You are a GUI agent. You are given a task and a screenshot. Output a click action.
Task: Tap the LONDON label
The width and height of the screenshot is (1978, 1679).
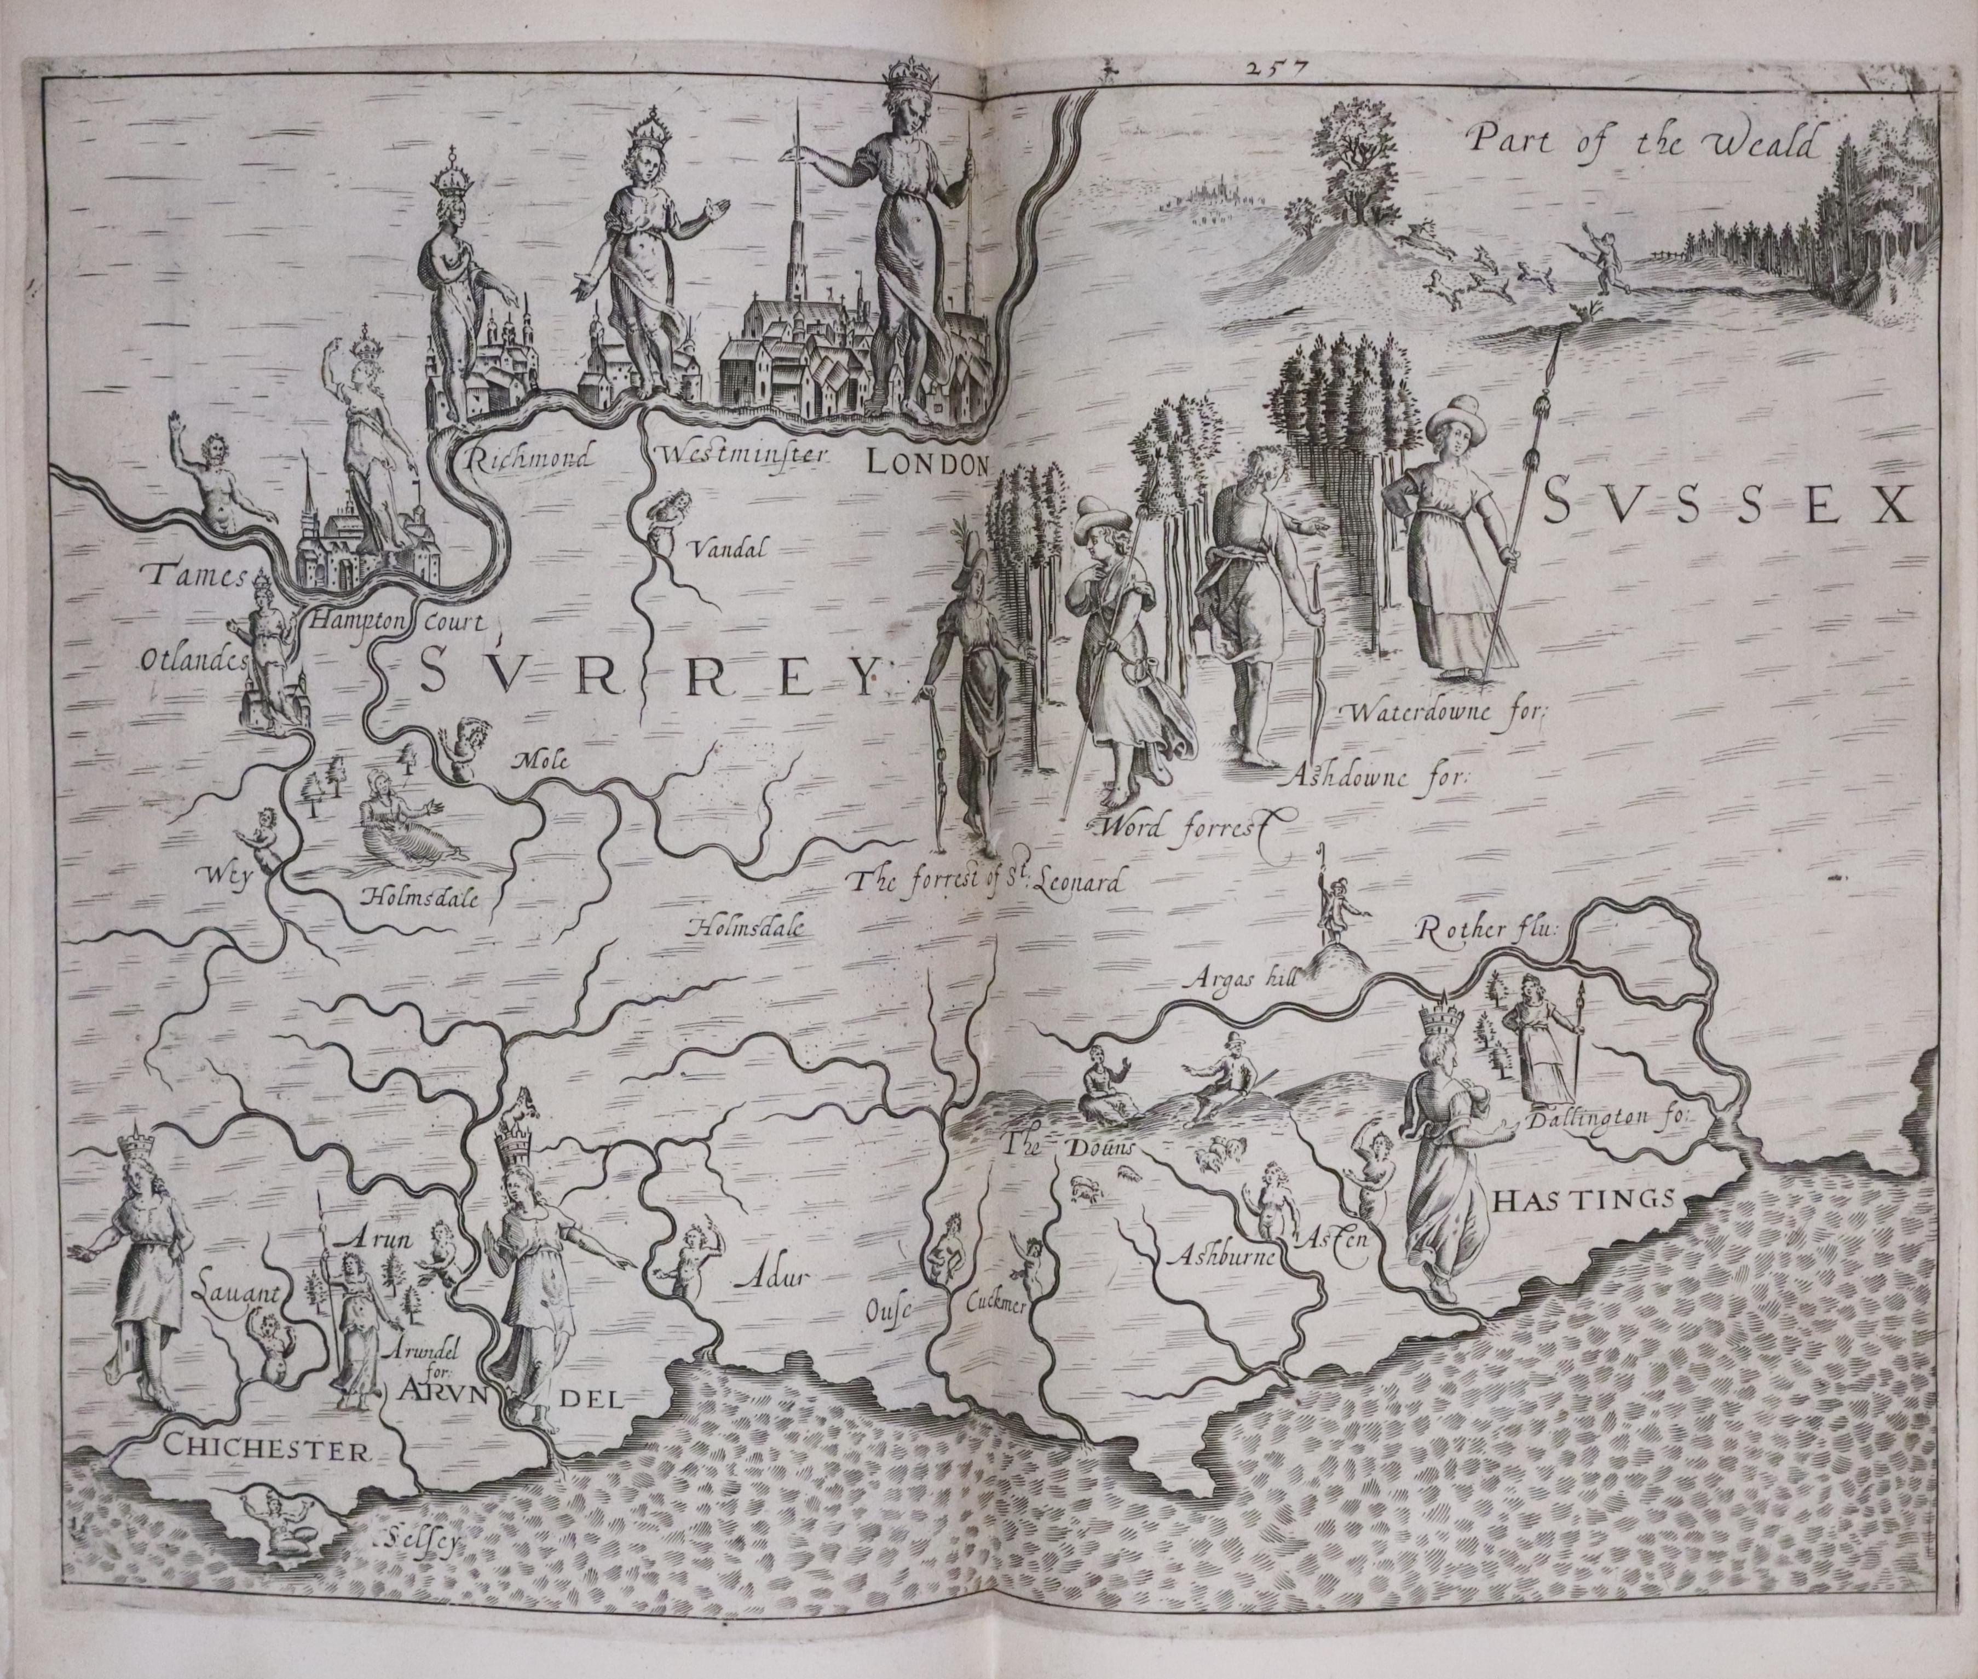(x=927, y=464)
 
